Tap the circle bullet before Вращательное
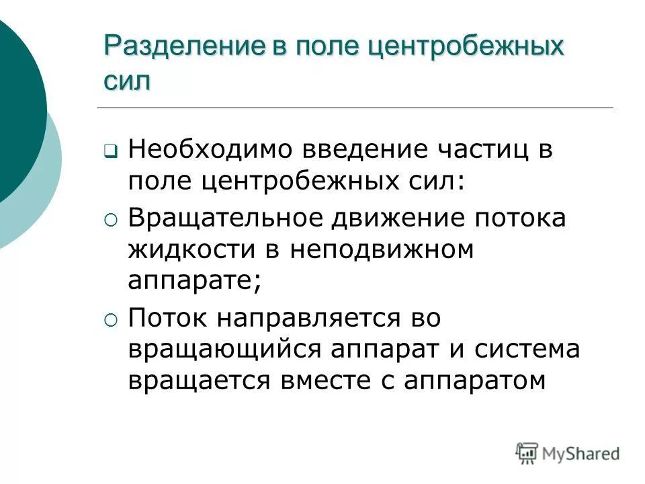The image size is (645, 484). coord(111,219)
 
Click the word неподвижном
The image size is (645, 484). coord(384,249)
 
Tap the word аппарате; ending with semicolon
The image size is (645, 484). coord(194,281)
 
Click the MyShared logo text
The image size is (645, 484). coord(581,454)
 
